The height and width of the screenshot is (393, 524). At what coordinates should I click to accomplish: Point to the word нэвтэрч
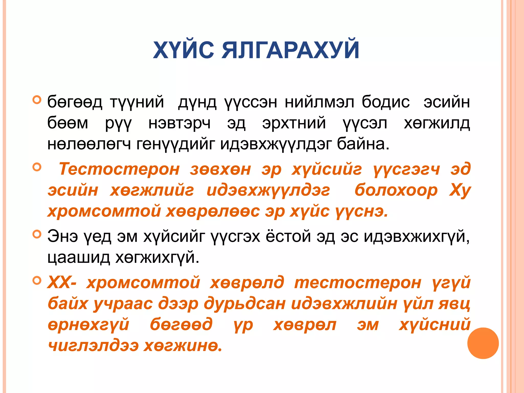pyautogui.click(x=179, y=123)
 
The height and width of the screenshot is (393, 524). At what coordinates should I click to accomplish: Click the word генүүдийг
pyautogui.click(x=175, y=144)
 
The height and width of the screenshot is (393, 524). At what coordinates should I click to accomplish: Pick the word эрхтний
pyautogui.click(x=294, y=123)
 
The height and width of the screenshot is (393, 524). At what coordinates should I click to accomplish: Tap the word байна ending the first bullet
pyautogui.click(x=363, y=144)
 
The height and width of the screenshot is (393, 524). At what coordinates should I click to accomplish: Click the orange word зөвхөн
pyautogui.click(x=220, y=169)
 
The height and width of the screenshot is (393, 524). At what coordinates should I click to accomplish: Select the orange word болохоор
pyautogui.click(x=396, y=190)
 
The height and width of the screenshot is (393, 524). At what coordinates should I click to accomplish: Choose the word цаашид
pyautogui.click(x=79, y=257)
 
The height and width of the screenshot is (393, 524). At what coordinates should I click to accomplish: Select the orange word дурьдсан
pyautogui.click(x=245, y=304)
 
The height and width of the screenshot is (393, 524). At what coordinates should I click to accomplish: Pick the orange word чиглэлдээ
pyautogui.click(x=93, y=346)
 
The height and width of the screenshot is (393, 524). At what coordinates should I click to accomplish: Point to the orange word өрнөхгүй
pyautogui.click(x=89, y=325)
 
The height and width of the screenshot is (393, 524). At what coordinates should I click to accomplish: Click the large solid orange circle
pyautogui.click(x=483, y=343)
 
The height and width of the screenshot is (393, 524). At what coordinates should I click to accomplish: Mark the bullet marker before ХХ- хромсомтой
pyautogui.click(x=37, y=281)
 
